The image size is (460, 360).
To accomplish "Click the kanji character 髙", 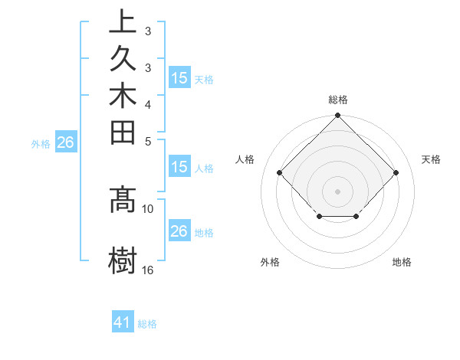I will [x=122, y=201].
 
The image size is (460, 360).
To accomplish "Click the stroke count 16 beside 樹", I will [x=148, y=270].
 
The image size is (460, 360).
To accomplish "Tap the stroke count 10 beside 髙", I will [x=148, y=208].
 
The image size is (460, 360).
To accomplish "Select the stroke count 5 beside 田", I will [x=148, y=141].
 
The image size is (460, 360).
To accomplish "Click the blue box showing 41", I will [x=123, y=323].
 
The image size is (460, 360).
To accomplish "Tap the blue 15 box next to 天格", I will [x=179, y=78].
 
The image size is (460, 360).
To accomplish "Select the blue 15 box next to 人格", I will [x=179, y=167].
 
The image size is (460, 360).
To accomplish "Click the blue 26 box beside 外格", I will [x=66, y=142].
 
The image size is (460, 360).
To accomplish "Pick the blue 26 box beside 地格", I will [x=179, y=231].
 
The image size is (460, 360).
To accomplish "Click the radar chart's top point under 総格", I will [x=337, y=116].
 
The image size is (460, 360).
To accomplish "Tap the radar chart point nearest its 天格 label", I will [x=396, y=173].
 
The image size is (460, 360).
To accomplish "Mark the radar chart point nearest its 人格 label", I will [x=279, y=173].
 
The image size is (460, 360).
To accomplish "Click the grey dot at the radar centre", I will [x=337, y=190].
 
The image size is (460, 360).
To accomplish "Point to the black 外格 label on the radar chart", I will [x=270, y=262].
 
